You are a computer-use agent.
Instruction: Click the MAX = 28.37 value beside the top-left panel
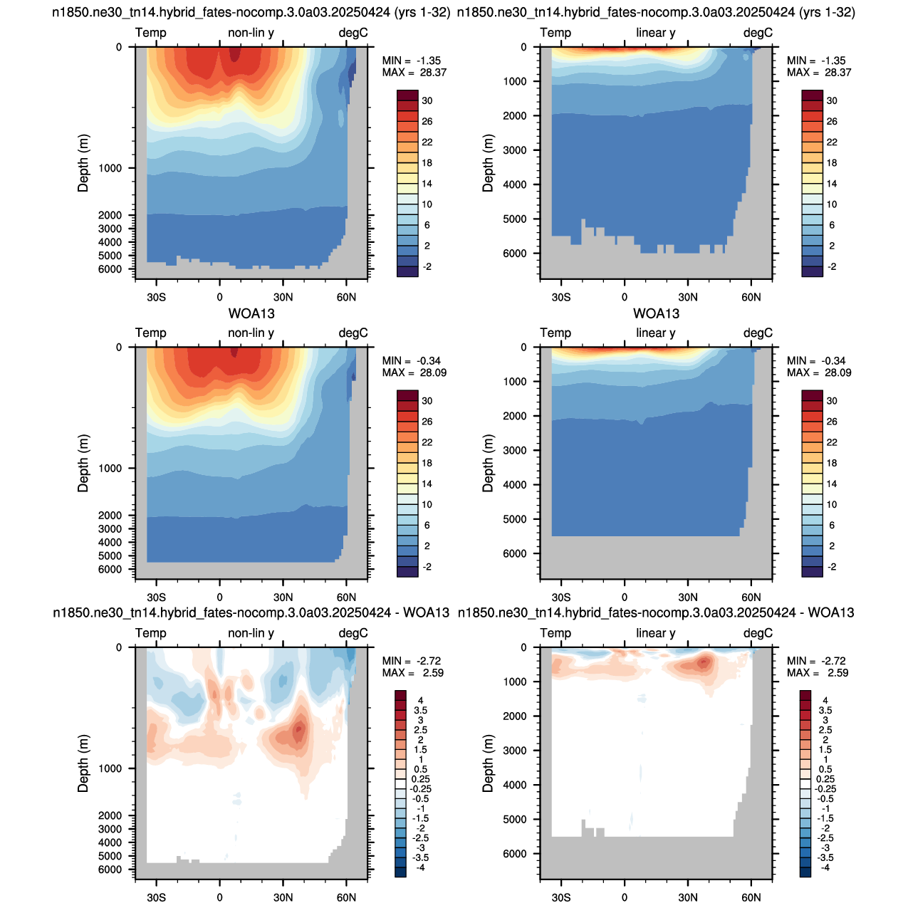(x=414, y=73)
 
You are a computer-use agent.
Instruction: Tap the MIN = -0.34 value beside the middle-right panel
(x=818, y=361)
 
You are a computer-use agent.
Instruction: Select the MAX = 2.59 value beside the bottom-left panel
(x=413, y=673)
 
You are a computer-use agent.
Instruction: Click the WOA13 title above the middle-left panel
(x=251, y=313)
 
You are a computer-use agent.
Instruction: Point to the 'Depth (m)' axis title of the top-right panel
(x=487, y=163)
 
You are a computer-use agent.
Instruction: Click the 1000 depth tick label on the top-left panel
(x=110, y=168)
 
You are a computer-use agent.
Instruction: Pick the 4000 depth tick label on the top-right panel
(x=515, y=184)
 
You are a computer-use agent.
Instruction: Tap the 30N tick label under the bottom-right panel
(x=687, y=897)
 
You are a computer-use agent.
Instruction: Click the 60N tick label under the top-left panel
(x=346, y=298)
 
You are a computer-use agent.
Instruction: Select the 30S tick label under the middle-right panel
(x=560, y=597)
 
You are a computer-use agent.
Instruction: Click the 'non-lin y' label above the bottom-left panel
(x=251, y=633)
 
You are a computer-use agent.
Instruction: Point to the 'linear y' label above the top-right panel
(x=655, y=33)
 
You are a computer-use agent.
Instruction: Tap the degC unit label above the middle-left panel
(x=353, y=333)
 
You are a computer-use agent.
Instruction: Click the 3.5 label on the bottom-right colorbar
(x=825, y=710)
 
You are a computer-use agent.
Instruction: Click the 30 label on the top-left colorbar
(x=427, y=101)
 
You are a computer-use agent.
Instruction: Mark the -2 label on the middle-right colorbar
(x=832, y=567)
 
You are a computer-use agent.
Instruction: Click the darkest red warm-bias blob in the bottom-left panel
(x=298, y=731)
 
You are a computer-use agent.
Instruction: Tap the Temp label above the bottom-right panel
(x=555, y=633)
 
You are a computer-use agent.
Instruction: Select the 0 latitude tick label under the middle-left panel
(x=219, y=597)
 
